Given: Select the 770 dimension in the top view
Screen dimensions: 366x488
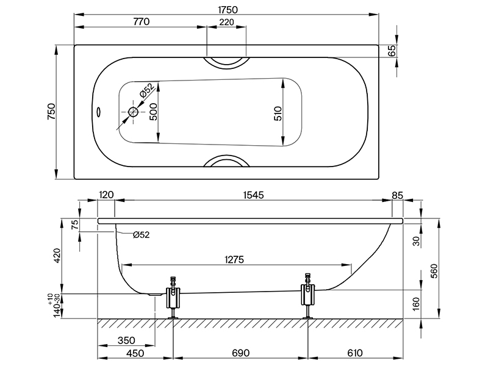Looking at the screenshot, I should pyautogui.click(x=140, y=21).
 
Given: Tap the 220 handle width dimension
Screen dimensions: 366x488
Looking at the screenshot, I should pyautogui.click(x=226, y=21).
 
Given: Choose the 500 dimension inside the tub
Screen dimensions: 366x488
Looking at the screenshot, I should pyautogui.click(x=154, y=112).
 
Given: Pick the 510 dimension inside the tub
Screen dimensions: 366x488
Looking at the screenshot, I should pyautogui.click(x=278, y=113).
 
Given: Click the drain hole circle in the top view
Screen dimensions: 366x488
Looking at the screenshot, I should pyautogui.click(x=134, y=112).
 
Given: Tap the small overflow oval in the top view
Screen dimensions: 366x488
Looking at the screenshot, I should pyautogui.click(x=99, y=112).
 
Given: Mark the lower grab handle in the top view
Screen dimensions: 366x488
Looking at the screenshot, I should pyautogui.click(x=226, y=162).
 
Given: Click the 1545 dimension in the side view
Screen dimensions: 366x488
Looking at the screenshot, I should pyautogui.click(x=251, y=196).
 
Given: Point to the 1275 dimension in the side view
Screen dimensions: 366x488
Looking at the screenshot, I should pyautogui.click(x=234, y=259).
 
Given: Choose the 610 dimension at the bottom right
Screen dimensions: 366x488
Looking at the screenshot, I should pyautogui.click(x=356, y=353).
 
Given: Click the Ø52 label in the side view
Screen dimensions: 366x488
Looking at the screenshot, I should pyautogui.click(x=140, y=234).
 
